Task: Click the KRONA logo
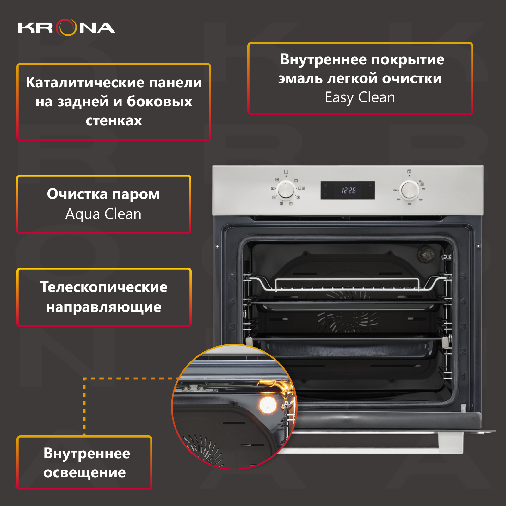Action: coord(66,28)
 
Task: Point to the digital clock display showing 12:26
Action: coord(348,190)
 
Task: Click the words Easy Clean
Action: coord(360,97)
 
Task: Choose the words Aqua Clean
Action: coord(103,214)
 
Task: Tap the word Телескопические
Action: coord(104,287)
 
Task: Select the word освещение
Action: coord(84,472)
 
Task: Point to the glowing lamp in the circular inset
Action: coord(268,405)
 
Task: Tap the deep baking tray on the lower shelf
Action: coord(348,348)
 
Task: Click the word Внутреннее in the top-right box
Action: coord(323,59)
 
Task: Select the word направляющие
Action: coord(104,307)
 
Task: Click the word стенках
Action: coord(114,120)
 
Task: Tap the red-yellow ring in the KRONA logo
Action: coord(66,28)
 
